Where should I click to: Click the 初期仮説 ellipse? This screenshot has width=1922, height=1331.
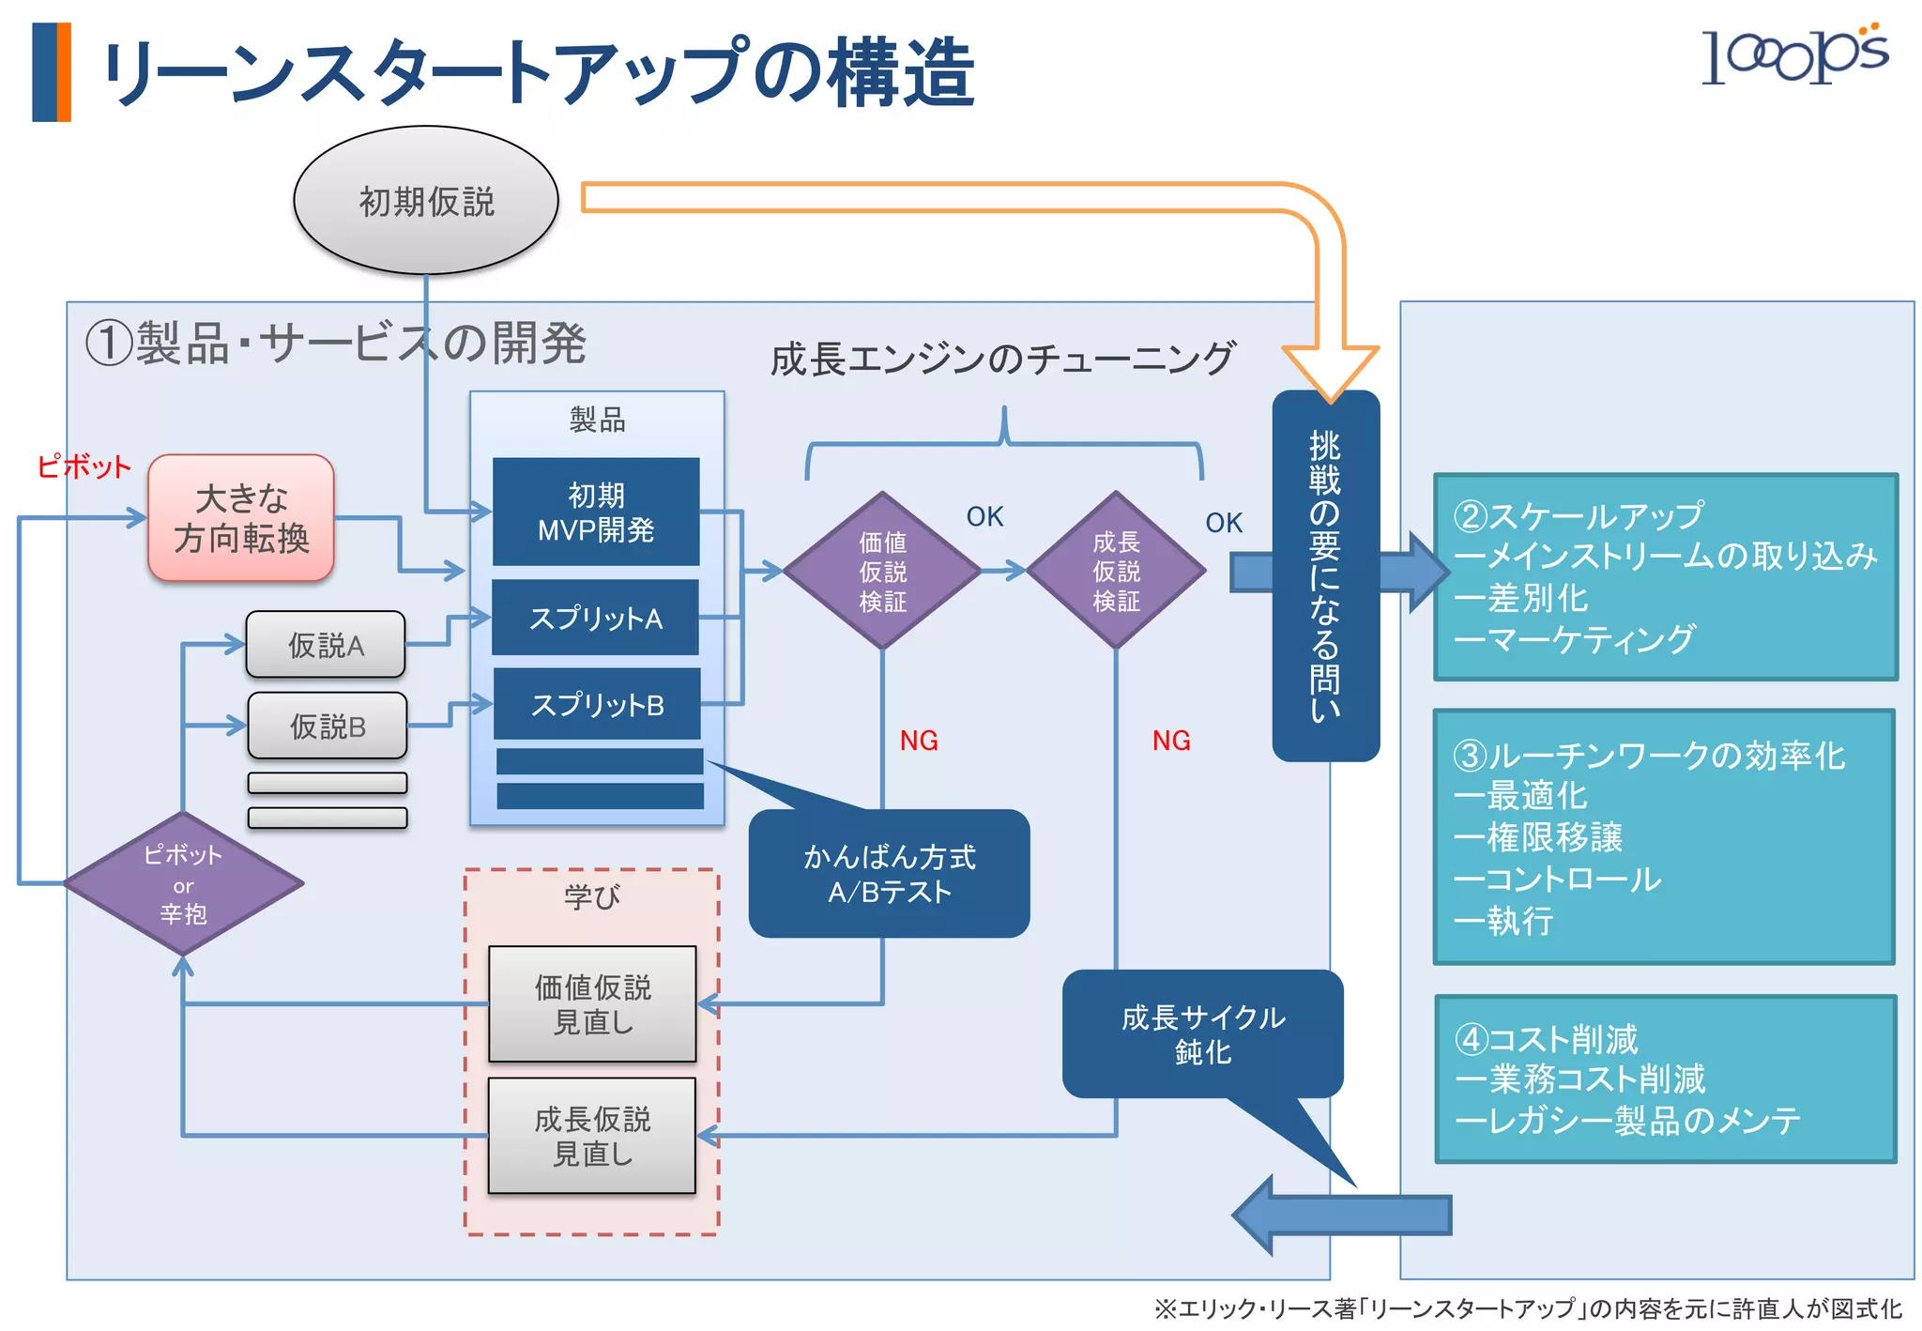point(426,201)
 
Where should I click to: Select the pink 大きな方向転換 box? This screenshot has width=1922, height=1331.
point(241,518)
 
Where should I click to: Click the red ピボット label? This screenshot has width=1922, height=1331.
point(84,467)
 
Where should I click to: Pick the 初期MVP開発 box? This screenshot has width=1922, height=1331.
point(596,513)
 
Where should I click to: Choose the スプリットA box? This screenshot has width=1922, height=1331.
point(596,618)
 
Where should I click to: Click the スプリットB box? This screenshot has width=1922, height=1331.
point(597,704)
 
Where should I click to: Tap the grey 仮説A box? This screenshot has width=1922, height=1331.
point(326,645)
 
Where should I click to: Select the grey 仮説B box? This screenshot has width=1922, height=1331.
point(328,726)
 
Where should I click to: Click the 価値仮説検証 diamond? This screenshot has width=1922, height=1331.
point(882,571)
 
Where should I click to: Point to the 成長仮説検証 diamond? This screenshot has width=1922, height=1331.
point(1116,571)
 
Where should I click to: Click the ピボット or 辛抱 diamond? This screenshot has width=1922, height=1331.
point(183,883)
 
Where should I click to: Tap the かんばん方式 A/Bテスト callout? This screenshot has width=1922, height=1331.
point(889,874)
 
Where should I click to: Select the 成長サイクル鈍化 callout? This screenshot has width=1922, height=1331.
point(1202,1034)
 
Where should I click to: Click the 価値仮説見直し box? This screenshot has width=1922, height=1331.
point(592,1004)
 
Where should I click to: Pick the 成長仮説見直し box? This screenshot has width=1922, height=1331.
point(592,1136)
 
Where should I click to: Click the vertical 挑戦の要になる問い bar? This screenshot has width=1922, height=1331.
point(1325,575)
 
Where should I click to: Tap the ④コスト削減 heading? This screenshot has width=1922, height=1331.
point(1547,1039)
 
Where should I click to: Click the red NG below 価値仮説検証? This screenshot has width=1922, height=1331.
point(919,741)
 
